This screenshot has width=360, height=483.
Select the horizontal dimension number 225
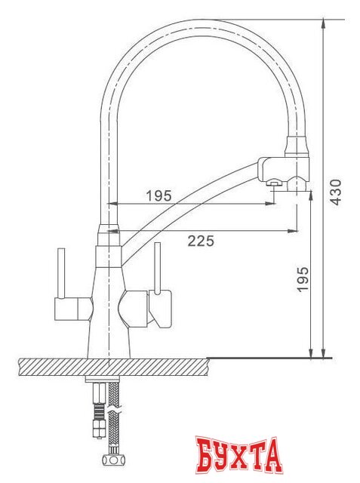click(x=200, y=241)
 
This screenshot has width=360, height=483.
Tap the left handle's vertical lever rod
click(x=58, y=272)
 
